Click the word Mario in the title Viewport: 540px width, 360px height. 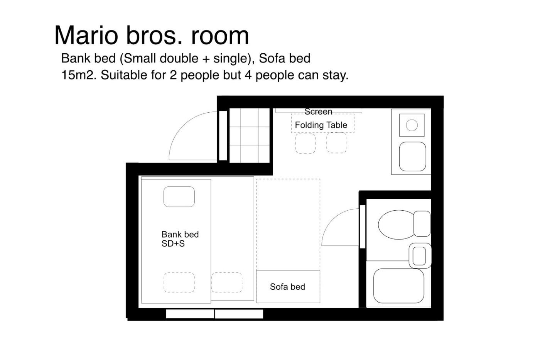[86, 35]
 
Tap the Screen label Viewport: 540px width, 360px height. [318, 112]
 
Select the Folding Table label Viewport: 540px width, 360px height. [321, 125]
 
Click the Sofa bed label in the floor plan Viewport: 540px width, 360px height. [287, 287]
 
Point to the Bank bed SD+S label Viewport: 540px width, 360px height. [180, 239]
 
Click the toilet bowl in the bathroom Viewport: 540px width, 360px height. [396, 225]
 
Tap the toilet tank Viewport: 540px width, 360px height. [422, 223]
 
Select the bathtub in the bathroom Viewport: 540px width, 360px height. [399, 286]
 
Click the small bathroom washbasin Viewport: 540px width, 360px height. [420, 255]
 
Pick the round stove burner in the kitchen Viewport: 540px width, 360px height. [412, 125]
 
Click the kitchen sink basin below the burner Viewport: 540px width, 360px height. [412, 157]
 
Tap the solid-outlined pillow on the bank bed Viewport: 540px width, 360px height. [179, 197]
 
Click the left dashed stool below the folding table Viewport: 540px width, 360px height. [305, 143]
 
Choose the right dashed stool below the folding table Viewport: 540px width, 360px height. [337, 143]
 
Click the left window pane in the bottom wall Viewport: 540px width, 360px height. [190, 314]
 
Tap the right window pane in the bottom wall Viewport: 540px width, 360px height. [239, 314]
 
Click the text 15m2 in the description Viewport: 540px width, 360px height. [79, 75]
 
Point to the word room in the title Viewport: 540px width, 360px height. [220, 36]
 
